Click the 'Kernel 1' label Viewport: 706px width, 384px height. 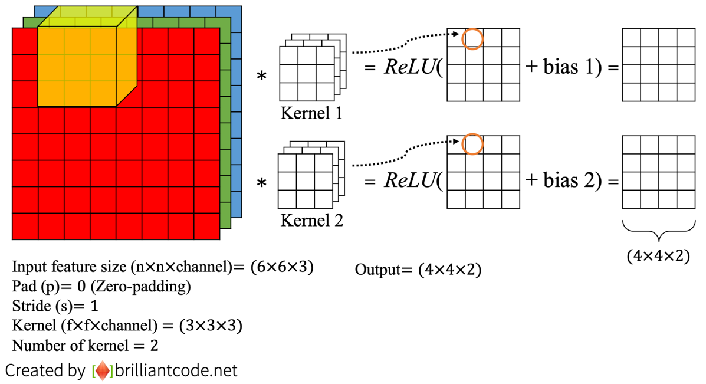[x=311, y=113]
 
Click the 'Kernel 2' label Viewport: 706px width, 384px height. [x=311, y=221]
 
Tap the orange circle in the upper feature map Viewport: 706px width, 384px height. [x=472, y=38]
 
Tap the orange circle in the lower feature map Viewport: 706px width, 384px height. [x=472, y=145]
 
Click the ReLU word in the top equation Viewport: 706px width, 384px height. [x=409, y=67]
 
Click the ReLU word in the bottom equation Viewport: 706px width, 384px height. [x=409, y=180]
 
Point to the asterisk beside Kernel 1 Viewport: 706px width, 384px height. [x=261, y=77]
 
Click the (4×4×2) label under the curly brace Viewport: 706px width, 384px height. [x=658, y=256]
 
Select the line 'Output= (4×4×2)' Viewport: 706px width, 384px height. [x=418, y=270]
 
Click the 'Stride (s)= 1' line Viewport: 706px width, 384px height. [x=55, y=306]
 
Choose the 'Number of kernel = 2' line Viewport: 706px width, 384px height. [x=85, y=345]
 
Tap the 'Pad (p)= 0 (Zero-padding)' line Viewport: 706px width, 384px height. [x=101, y=287]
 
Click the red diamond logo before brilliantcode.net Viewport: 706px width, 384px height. [x=103, y=371]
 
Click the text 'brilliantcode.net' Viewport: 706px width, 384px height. [x=176, y=370]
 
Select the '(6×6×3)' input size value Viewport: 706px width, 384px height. [x=281, y=267]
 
